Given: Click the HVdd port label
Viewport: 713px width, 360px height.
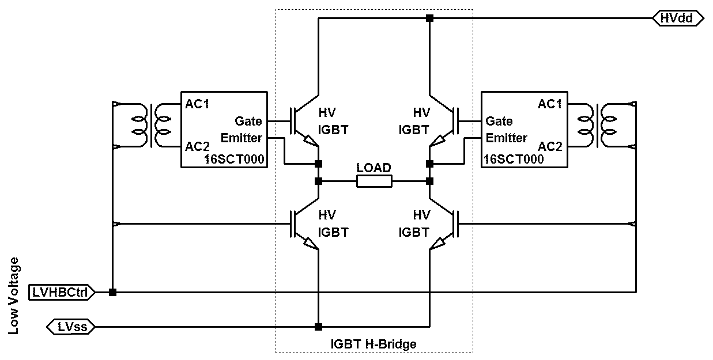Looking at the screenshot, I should click(x=678, y=18).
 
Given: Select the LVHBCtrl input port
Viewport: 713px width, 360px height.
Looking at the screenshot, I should click(x=61, y=293).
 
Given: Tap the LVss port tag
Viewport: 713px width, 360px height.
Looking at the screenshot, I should click(x=71, y=327).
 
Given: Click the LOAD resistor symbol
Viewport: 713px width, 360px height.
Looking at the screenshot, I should click(x=374, y=181).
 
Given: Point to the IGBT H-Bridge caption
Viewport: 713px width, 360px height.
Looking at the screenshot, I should click(x=374, y=344).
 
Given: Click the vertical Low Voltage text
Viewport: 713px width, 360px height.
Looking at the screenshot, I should click(x=14, y=295).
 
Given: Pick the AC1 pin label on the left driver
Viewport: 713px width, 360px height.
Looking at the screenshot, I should click(x=197, y=105).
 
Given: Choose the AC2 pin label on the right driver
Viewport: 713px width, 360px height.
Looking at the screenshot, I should click(x=550, y=146).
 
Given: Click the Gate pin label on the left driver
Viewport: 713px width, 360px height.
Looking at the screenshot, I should click(x=248, y=122).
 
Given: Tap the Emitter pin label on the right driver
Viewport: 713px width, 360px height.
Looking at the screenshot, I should click(x=506, y=138).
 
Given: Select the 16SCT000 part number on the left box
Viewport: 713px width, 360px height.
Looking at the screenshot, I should click(x=236, y=160).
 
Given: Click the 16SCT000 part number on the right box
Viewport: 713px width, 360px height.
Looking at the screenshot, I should click(x=514, y=160).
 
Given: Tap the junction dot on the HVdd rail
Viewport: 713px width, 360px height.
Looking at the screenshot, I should click(x=429, y=18).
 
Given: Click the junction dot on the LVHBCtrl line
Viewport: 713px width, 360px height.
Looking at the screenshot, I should click(x=112, y=293).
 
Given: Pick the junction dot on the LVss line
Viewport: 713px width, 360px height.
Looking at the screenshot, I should click(x=318, y=327).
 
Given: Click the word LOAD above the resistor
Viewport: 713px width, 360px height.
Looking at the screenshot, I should click(x=374, y=168).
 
